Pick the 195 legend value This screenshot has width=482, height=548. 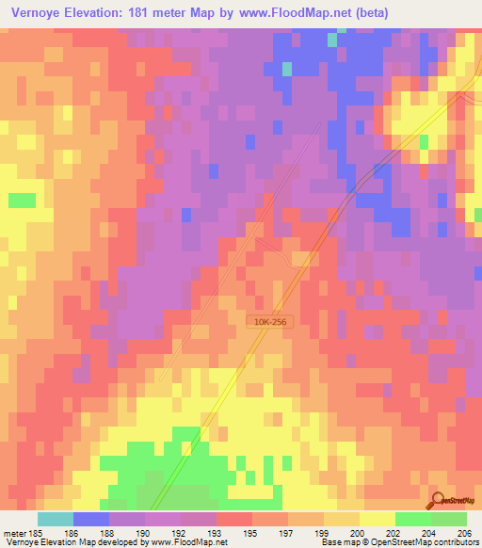coord(249,532)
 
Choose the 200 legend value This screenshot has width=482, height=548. coord(356,532)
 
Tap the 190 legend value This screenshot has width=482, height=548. coord(141,532)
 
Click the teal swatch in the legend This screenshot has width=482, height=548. coord(56,519)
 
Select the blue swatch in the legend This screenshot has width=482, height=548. coord(91,519)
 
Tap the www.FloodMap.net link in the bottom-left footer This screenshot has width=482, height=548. coord(176,542)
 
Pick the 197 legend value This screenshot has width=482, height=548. coord(284,532)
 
